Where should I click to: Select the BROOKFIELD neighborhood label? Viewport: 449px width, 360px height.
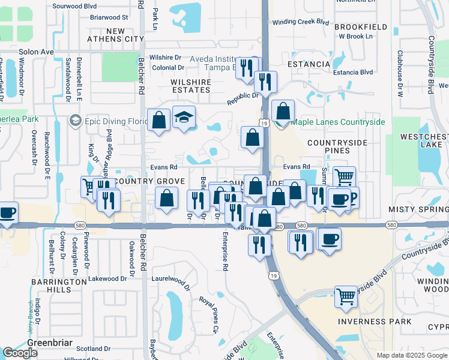pyautogui.click(x=361, y=28)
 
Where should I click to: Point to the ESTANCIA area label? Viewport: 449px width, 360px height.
pyautogui.click(x=309, y=64)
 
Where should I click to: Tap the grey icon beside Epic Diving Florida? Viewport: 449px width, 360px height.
pyautogui.click(x=76, y=121)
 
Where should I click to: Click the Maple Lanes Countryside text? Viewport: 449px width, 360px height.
pyautogui.click(x=338, y=122)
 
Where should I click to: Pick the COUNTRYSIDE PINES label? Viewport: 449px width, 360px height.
pyautogui.click(x=337, y=147)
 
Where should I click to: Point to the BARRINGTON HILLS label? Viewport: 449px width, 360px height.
pyautogui.click(x=59, y=286)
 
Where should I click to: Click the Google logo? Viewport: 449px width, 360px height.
pyautogui.click(x=20, y=353)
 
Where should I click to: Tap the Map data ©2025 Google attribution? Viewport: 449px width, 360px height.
pyautogui.click(x=411, y=355)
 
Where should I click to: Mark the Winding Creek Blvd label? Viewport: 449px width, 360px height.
pyautogui.click(x=301, y=22)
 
